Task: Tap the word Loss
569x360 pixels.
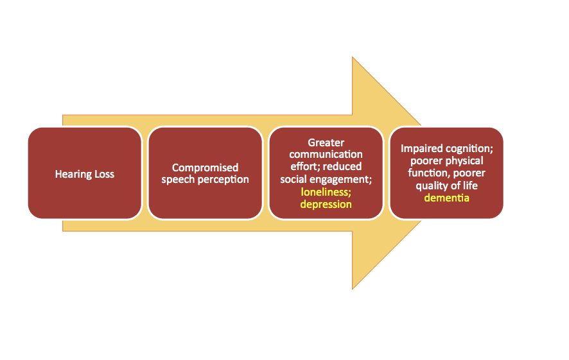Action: click(x=105, y=174)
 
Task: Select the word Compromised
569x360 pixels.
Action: click(x=205, y=167)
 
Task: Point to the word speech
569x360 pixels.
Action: click(x=178, y=180)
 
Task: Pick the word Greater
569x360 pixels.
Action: click(x=326, y=142)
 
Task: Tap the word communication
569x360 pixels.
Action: click(x=326, y=155)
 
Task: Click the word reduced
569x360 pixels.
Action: click(x=342, y=166)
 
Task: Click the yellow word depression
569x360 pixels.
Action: click(x=326, y=205)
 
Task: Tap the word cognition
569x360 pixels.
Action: click(x=468, y=149)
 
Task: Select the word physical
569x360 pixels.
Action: click(x=465, y=161)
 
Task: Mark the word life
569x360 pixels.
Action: click(x=470, y=185)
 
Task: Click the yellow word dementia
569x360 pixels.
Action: click(x=447, y=198)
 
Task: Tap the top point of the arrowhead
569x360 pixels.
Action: click(x=353, y=56)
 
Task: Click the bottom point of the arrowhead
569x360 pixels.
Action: click(x=353, y=289)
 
